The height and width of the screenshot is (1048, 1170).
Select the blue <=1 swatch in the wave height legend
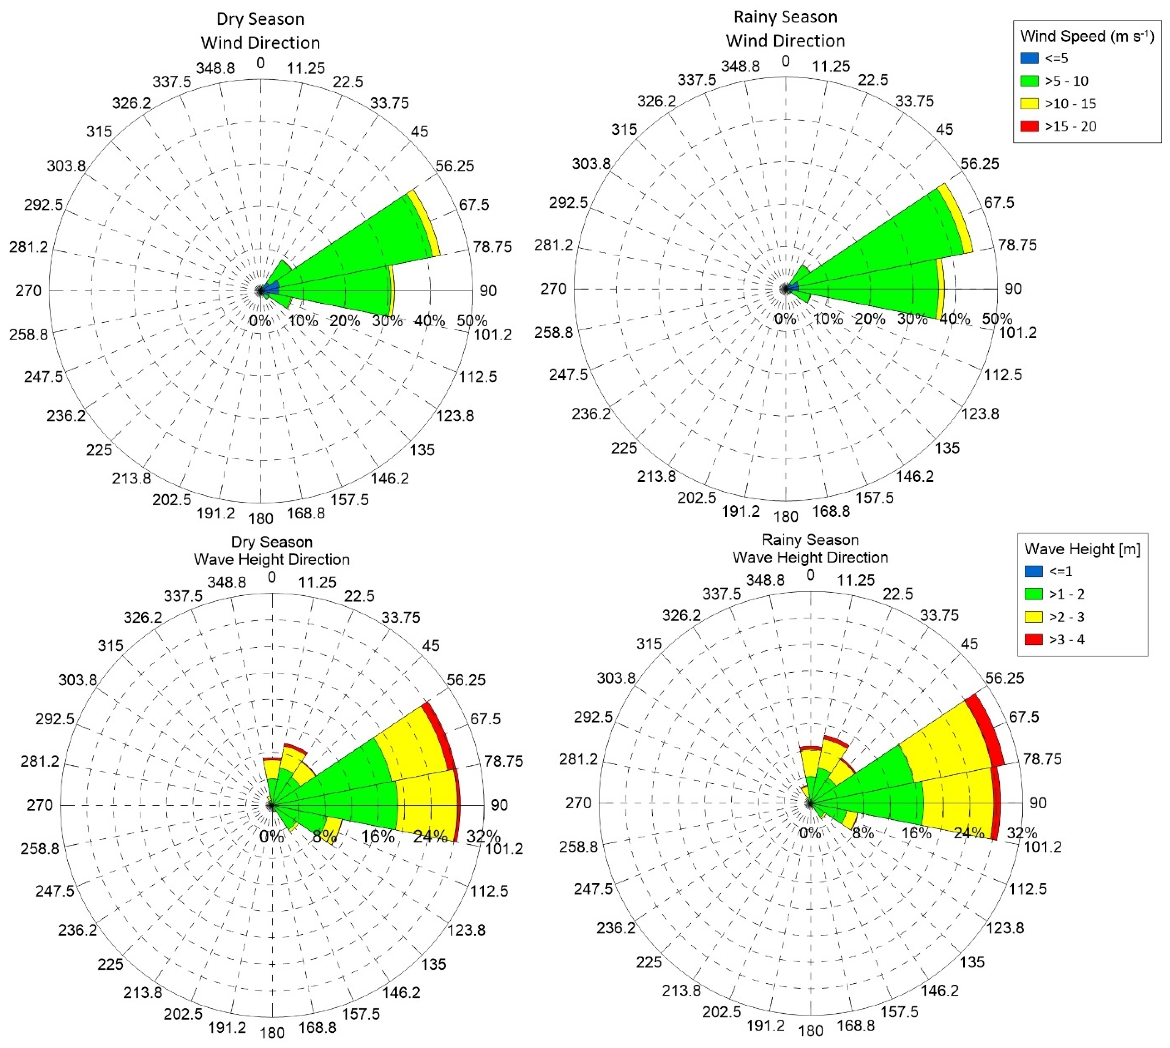point(1034,571)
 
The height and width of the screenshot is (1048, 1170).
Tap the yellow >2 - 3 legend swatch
point(1034,617)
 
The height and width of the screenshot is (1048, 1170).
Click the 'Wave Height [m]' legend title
point(1082,549)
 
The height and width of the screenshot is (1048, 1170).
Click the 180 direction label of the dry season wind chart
point(260,518)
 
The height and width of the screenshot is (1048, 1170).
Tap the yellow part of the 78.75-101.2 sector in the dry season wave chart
point(426,805)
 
